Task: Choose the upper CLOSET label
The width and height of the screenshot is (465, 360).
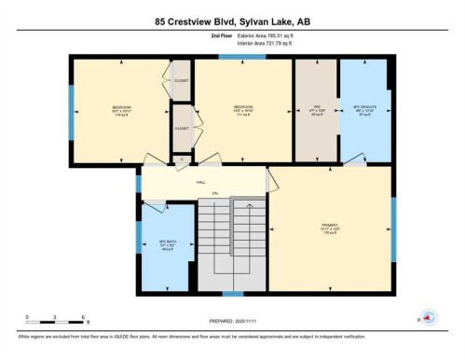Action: point(181,80)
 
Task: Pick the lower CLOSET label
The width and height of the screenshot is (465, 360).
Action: point(181,128)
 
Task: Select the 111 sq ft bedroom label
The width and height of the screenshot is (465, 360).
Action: point(244,111)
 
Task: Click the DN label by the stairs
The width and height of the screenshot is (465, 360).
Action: point(213,192)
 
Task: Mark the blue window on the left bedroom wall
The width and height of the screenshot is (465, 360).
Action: point(71,112)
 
